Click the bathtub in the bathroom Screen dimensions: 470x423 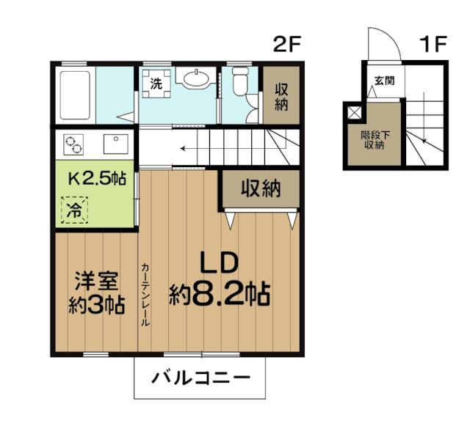[75, 95]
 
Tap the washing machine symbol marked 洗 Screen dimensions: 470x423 [156, 84]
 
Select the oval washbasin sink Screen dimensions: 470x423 [196, 78]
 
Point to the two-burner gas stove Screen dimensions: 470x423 [73, 144]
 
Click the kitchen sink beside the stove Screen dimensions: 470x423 [116, 144]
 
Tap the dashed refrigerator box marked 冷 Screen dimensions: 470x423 [74, 210]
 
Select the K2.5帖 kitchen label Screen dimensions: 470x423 [97, 179]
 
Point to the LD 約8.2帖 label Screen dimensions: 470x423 [220, 279]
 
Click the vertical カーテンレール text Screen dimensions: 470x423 [145, 295]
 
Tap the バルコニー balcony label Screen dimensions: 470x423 [200, 378]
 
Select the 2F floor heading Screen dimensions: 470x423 [286, 44]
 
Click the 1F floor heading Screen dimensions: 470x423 [433, 44]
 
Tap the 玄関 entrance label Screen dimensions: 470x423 [385, 81]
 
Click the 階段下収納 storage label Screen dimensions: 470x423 [375, 140]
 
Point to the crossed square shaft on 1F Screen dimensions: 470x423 [354, 113]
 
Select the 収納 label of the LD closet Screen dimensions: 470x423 [261, 188]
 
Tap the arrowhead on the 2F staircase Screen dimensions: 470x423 [181, 148]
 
